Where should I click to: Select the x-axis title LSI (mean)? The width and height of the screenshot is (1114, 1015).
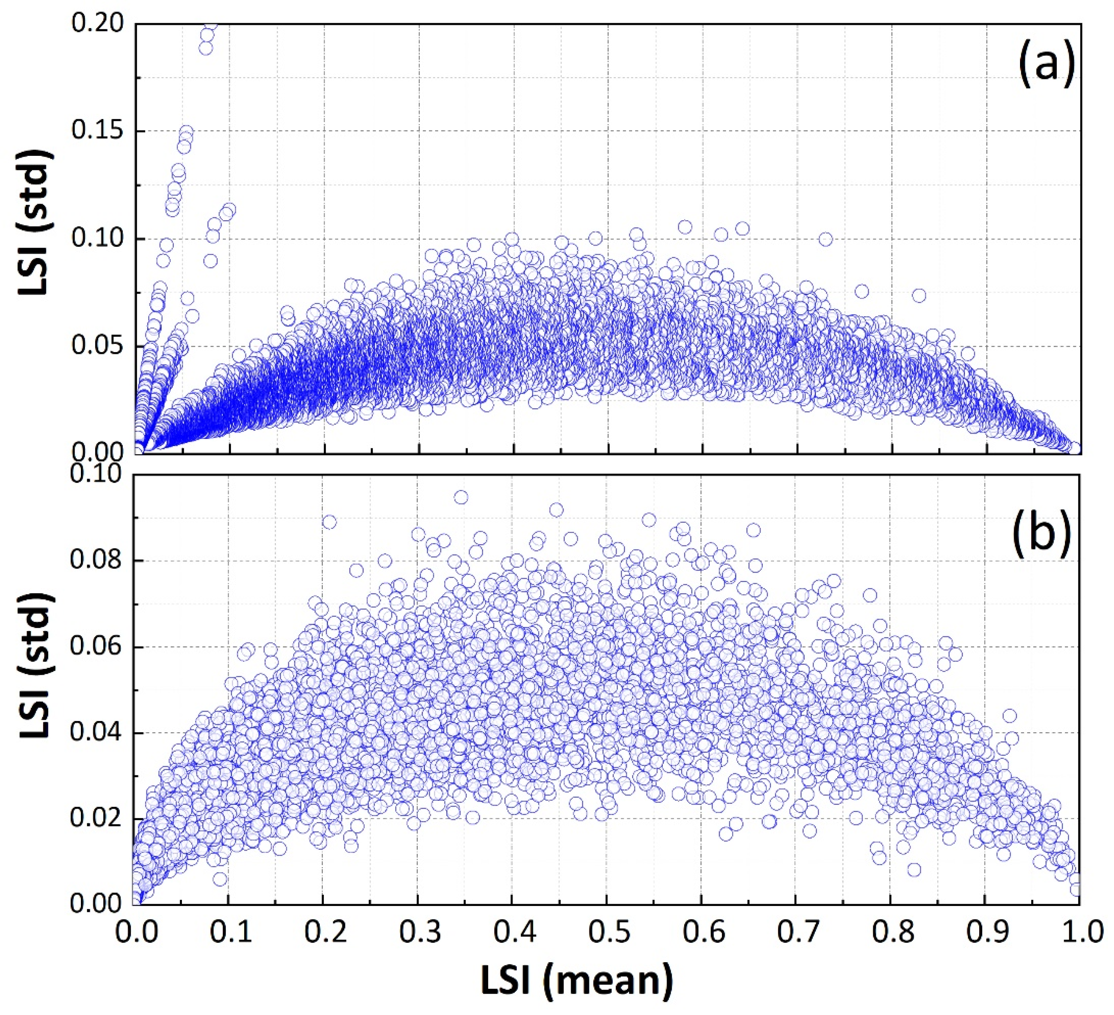tap(576, 980)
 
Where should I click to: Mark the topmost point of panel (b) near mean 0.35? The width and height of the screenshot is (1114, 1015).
tap(461, 497)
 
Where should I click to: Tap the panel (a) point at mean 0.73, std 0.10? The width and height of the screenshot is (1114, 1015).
tap(826, 239)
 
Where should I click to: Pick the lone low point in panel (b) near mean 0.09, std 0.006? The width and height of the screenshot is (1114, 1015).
tap(220, 879)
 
